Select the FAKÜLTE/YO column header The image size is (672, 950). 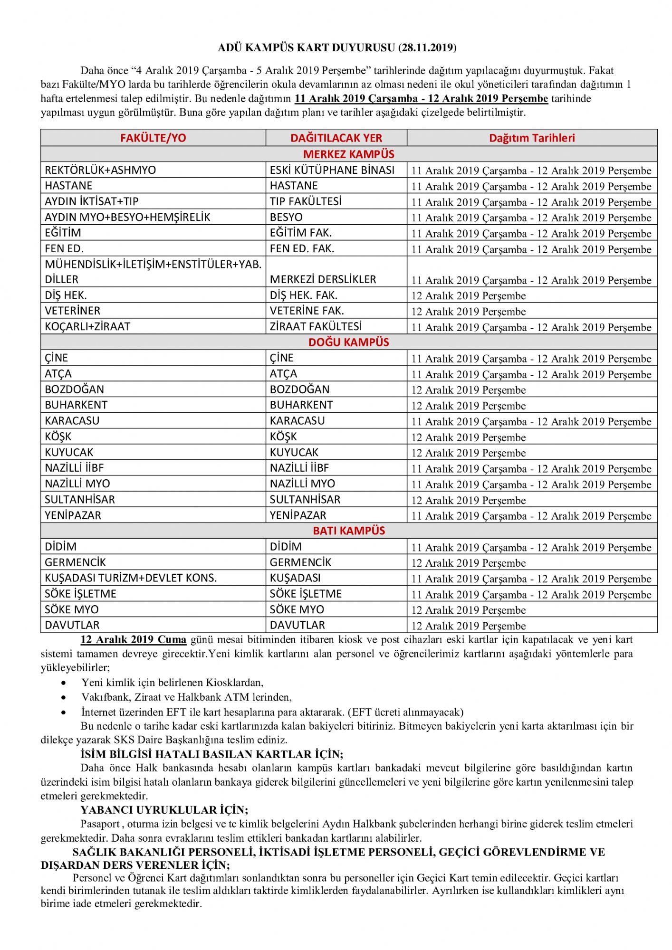(153, 138)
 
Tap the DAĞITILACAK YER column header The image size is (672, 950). (336, 138)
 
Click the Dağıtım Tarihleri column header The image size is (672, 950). (532, 138)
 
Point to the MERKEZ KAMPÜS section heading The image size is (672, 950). (349, 154)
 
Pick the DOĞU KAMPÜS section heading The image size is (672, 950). (349, 342)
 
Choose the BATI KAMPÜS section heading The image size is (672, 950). (349, 531)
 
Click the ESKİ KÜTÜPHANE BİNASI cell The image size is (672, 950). (332, 170)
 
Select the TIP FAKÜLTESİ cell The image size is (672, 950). (306, 201)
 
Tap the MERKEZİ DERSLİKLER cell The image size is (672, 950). (323, 279)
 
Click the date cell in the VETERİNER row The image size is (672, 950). (469, 312)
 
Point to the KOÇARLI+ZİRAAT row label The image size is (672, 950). (87, 327)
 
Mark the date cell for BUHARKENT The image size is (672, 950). (469, 406)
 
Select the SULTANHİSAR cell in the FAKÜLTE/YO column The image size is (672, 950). (80, 500)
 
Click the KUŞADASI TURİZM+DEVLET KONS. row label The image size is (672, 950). (131, 578)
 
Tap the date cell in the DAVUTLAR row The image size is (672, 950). (469, 626)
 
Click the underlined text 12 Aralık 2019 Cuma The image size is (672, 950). (133, 640)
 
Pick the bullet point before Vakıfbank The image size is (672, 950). (64, 697)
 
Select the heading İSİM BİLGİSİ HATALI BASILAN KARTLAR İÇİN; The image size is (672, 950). (211, 754)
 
